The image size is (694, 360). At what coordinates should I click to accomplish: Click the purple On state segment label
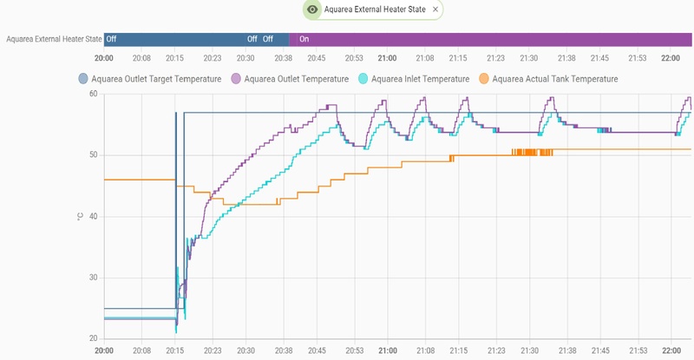click(304, 39)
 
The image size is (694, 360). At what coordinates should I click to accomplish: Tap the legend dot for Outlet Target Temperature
click(83, 79)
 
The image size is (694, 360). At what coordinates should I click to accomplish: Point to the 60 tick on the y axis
click(92, 94)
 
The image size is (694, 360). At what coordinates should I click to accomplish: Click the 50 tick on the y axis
click(92, 155)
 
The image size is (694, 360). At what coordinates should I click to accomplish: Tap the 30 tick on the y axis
click(92, 278)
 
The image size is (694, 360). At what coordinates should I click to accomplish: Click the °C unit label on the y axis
click(80, 216)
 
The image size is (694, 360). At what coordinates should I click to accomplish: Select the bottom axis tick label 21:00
click(387, 352)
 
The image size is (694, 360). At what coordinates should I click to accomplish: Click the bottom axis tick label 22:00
click(670, 352)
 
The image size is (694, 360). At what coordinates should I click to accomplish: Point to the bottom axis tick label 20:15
click(175, 352)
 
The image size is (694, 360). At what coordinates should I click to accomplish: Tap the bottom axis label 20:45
click(317, 352)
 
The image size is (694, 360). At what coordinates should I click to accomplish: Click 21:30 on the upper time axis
click(529, 57)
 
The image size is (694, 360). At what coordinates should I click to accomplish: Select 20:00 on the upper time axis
click(104, 57)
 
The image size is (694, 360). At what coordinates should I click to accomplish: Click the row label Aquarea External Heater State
click(53, 39)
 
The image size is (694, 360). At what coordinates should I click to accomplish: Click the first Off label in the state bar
click(111, 39)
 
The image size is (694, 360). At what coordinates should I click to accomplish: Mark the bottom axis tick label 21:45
click(599, 352)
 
